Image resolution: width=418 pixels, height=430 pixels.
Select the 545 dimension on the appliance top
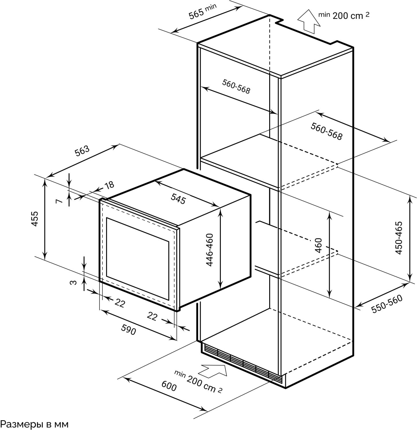(x=178, y=198)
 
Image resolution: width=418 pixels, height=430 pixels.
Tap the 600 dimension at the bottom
(x=169, y=386)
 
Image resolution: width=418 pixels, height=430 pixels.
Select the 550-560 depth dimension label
(x=387, y=304)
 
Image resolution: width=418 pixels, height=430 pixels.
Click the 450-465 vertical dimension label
(x=399, y=238)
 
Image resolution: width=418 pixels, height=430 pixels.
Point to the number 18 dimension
(x=109, y=185)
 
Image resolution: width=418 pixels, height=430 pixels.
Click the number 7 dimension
(x=59, y=201)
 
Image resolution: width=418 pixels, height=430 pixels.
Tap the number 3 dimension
(x=74, y=282)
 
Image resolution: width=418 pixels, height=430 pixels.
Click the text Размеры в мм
(x=34, y=424)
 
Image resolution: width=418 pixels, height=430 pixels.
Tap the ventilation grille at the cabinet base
(x=242, y=363)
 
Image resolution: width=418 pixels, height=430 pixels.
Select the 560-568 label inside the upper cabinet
(x=236, y=86)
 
